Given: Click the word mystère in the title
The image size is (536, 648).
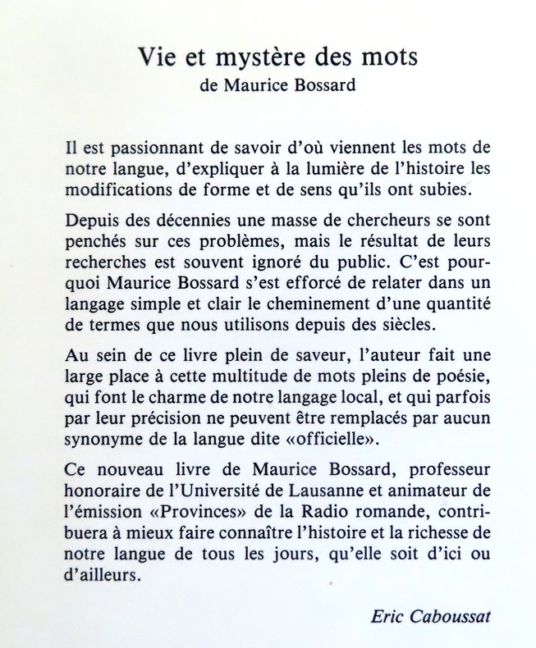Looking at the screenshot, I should tap(260, 60).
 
